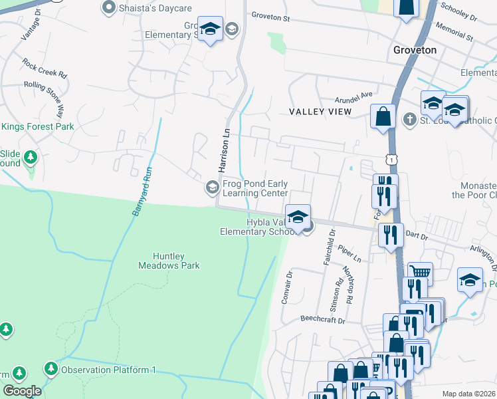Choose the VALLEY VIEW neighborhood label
pyautogui.click(x=320, y=112)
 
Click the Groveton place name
pyautogui.click(x=415, y=50)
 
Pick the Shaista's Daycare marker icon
pyautogui.click(x=108, y=7)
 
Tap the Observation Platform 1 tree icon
pyautogui.click(x=51, y=368)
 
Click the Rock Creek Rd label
pyautogui.click(x=45, y=67)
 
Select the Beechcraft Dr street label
pyautogui.click(x=322, y=321)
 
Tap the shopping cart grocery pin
pyautogui.click(x=419, y=272)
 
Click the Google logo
pyautogui.click(x=22, y=391)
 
